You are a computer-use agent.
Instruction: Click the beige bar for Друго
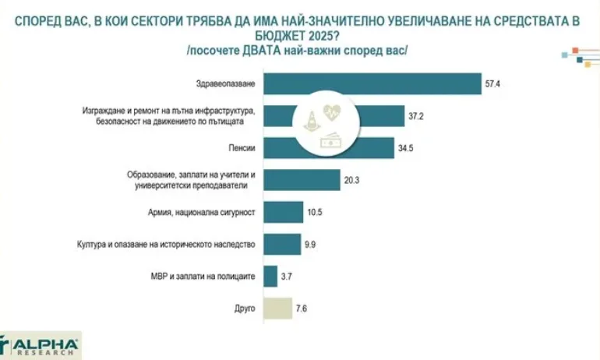point(278,308)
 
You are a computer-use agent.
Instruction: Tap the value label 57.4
point(492,82)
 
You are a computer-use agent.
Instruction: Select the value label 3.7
point(288,276)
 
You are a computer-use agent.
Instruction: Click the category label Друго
point(245,309)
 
